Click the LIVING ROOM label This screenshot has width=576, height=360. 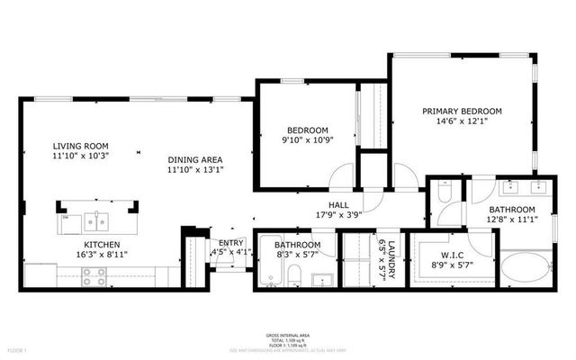(x=80, y=146)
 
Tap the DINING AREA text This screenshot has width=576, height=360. (x=196, y=160)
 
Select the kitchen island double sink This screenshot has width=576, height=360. (x=96, y=220)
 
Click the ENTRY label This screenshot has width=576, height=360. (x=231, y=243)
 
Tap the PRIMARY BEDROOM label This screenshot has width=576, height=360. (x=462, y=112)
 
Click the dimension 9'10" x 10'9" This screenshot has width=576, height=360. (x=307, y=140)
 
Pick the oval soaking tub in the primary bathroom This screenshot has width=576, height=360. (x=522, y=269)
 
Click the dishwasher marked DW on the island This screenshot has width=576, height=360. (x=65, y=218)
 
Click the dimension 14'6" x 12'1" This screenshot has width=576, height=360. (x=462, y=122)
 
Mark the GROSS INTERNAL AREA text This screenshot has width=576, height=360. (x=288, y=333)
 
